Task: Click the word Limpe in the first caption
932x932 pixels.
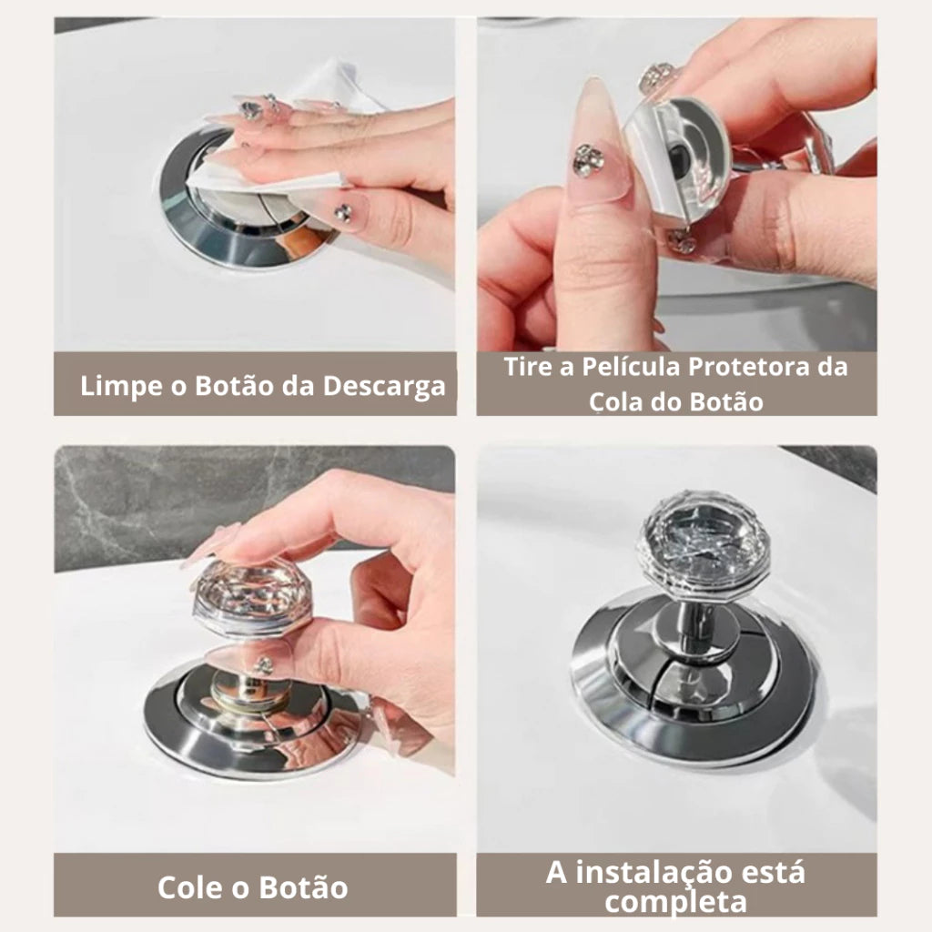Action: [x=116, y=385]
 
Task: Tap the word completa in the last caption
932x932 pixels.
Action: [x=675, y=902]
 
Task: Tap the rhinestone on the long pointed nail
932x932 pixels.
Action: [x=587, y=161]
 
